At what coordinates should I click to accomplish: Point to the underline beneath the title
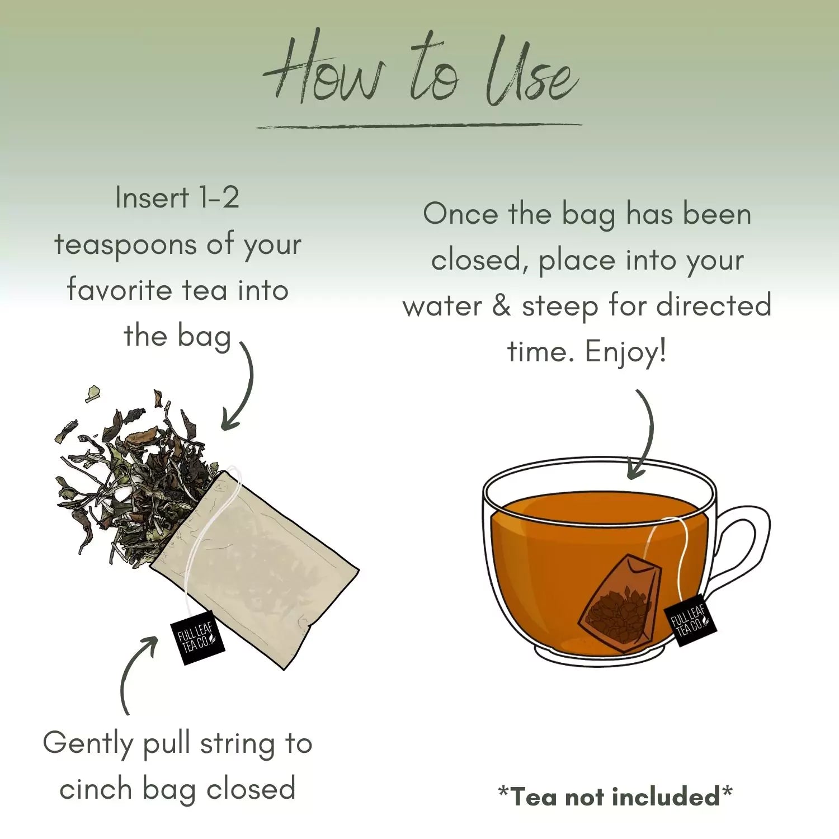click(419, 125)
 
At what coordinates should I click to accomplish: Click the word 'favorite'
click(119, 290)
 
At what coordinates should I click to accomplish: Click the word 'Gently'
click(88, 744)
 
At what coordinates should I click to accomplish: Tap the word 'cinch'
click(96, 790)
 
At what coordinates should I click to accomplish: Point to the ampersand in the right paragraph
click(501, 306)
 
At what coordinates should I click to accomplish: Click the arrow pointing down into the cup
click(643, 436)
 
